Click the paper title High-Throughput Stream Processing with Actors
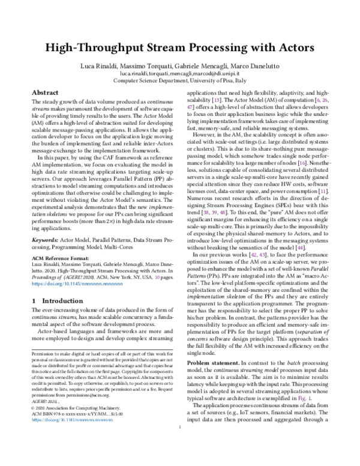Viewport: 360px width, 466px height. click(x=179, y=52)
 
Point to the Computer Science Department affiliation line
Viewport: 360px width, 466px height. click(x=179, y=87)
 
